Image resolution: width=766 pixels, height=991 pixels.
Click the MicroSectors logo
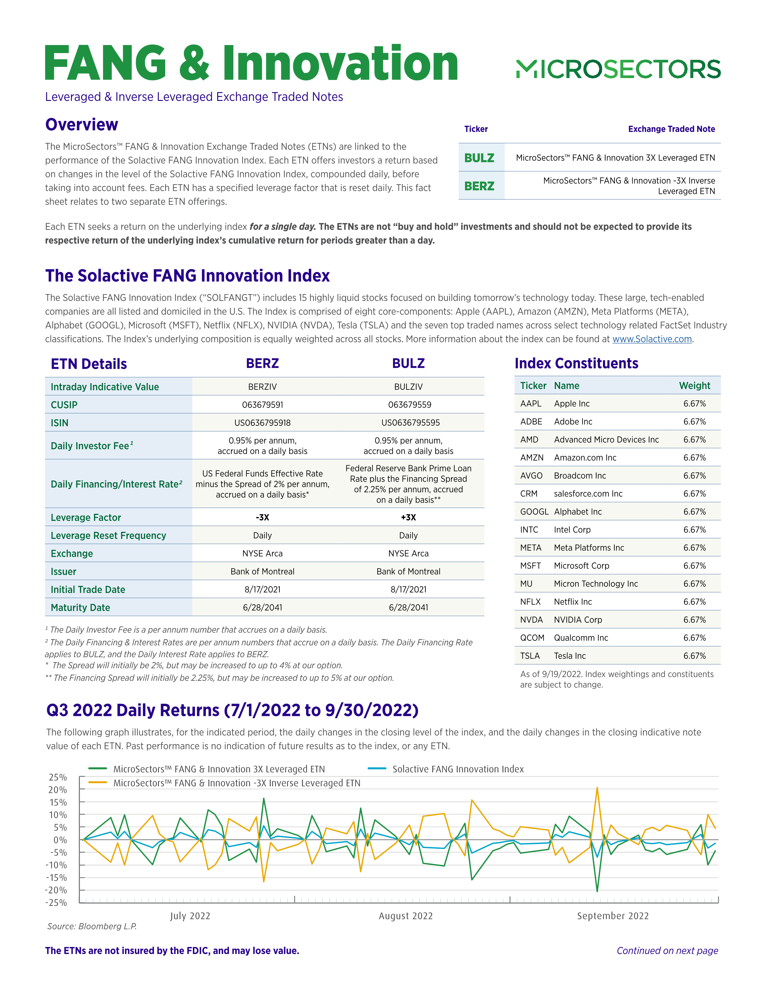point(618,69)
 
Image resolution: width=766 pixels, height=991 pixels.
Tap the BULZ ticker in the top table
point(479,158)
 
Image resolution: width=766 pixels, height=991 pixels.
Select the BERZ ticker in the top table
point(479,186)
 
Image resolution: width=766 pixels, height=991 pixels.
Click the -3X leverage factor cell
point(262,517)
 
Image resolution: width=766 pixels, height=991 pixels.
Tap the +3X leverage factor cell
point(409,517)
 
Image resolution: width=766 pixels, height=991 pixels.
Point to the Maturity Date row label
point(80,608)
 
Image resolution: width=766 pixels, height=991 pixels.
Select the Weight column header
point(694,386)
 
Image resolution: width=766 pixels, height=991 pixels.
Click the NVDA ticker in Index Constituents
point(531,620)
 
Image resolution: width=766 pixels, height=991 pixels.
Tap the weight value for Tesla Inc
point(694,656)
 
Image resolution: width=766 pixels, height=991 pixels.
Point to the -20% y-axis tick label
point(56,890)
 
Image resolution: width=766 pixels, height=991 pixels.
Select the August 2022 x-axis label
point(406,916)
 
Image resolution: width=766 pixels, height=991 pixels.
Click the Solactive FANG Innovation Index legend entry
point(457,769)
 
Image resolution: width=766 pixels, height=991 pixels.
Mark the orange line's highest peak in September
point(597,788)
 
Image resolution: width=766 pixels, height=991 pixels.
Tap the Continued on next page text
point(667,951)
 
